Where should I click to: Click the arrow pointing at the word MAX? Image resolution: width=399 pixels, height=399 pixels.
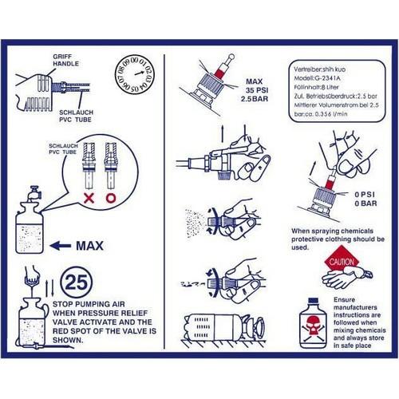65,244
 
